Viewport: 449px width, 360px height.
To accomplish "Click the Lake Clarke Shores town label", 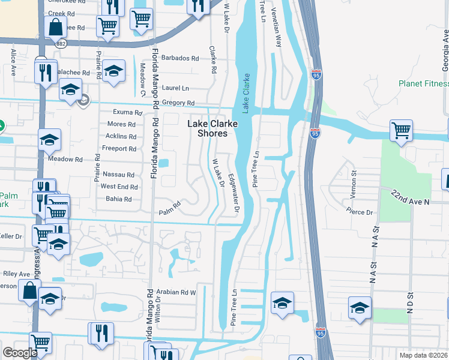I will click(212, 128).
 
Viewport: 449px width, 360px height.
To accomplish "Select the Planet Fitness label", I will click(424, 83).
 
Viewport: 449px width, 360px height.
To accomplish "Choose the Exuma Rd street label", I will click(127, 112).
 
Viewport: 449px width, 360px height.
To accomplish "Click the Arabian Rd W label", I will click(176, 292).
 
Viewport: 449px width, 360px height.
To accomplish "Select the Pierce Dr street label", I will click(360, 211).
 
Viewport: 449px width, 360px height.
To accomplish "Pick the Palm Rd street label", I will click(169, 211).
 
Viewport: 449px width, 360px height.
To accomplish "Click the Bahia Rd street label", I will click(119, 199).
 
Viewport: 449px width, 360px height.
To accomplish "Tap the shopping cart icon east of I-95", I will click(400, 130).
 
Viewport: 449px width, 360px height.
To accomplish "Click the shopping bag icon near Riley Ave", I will click(30, 291).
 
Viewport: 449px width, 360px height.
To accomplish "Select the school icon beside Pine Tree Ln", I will click(282, 302).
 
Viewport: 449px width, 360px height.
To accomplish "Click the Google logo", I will click(20, 353).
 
